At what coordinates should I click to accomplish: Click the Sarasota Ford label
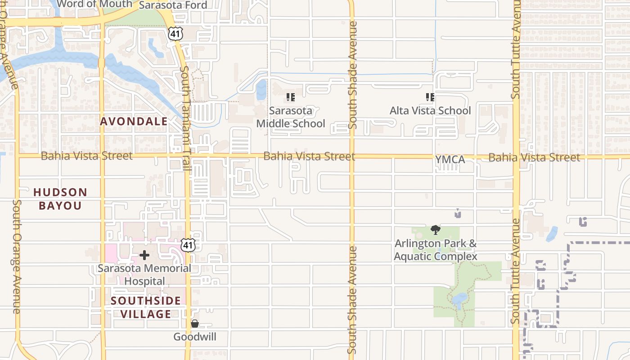173,5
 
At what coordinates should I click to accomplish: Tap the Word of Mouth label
95,4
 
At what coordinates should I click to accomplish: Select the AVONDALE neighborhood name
134,121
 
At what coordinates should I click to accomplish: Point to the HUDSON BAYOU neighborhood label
60,199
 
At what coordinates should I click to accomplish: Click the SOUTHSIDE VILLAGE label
146,307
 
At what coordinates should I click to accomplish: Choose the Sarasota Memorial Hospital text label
144,274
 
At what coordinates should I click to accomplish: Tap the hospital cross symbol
144,256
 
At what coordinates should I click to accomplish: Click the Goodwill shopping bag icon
195,324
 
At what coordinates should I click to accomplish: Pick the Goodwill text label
195,337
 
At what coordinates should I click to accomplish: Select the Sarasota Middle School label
291,117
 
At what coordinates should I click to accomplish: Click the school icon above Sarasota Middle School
291,97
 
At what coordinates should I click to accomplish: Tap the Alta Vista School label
430,111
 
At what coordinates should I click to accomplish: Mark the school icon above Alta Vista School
430,97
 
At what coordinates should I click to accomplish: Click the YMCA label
450,159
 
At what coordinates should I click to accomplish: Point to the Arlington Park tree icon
435,230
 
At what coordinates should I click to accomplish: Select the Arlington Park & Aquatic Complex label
435,250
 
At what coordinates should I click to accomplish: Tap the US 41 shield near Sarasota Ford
176,32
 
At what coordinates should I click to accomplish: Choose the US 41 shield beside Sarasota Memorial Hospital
189,245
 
